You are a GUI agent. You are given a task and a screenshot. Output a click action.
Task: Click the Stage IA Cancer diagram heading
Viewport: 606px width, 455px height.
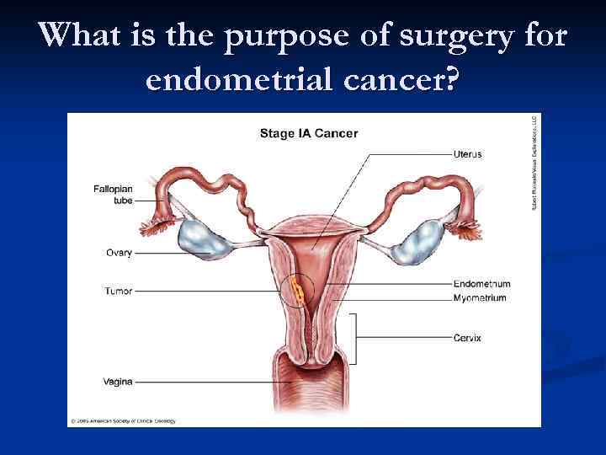click(x=308, y=133)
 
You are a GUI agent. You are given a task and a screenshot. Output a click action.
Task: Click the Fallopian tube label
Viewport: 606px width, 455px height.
click(x=113, y=195)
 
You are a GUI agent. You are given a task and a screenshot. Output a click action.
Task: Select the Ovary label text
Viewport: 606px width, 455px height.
click(x=119, y=252)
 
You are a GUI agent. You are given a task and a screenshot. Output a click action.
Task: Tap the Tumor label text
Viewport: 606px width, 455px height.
click(x=119, y=292)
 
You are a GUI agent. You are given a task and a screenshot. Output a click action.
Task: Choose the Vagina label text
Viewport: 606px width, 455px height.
click(x=119, y=382)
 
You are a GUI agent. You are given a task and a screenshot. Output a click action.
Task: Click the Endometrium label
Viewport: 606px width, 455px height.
click(x=481, y=284)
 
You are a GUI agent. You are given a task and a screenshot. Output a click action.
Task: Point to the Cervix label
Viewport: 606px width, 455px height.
click(x=467, y=338)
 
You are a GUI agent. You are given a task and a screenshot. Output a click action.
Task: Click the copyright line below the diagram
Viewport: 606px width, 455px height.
click(x=125, y=420)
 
